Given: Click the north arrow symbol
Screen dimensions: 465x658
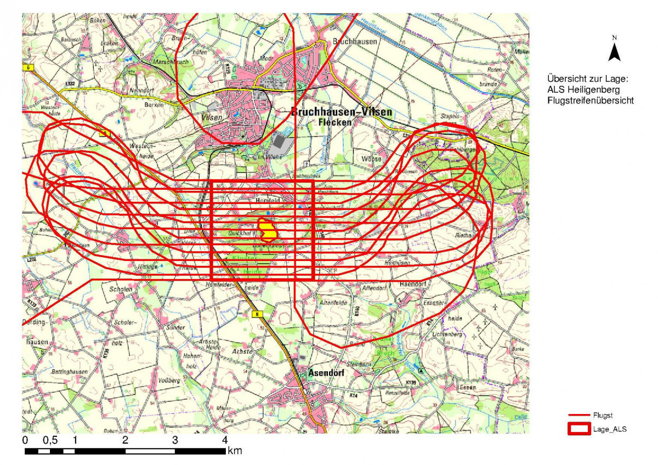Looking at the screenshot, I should [x=615, y=50].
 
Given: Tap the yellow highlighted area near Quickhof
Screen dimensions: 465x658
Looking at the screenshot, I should [x=268, y=230].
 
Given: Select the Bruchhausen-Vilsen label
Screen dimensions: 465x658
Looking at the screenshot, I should [x=342, y=112].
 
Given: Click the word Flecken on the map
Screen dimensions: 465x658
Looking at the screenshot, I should [x=334, y=122].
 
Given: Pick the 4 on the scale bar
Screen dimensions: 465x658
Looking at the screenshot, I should [x=225, y=440].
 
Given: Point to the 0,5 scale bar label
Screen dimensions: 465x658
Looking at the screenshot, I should [x=50, y=440].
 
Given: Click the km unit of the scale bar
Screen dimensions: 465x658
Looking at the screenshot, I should [x=235, y=451].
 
